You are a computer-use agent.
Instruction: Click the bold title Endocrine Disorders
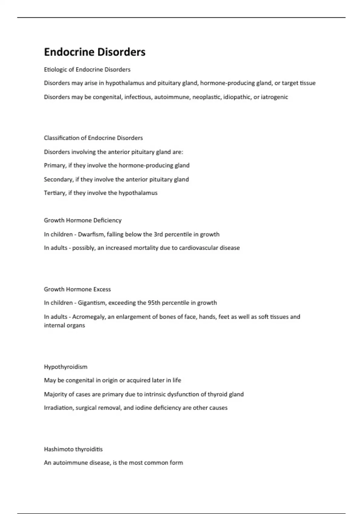pyautogui.click(x=95, y=52)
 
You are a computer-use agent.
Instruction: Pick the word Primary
pyautogui.click(x=54, y=166)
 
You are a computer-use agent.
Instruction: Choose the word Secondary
pyautogui.click(x=58, y=179)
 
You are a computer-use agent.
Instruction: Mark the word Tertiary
pyautogui.click(x=55, y=193)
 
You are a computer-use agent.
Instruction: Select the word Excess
pyautogui.click(x=102, y=289)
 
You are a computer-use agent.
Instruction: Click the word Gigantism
pyautogui.click(x=91, y=303)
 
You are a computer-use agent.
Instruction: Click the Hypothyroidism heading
pyautogui.click(x=66, y=367)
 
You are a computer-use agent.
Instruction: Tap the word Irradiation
pyautogui.click(x=58, y=408)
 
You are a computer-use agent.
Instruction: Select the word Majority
pyautogui.click(x=55, y=394)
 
